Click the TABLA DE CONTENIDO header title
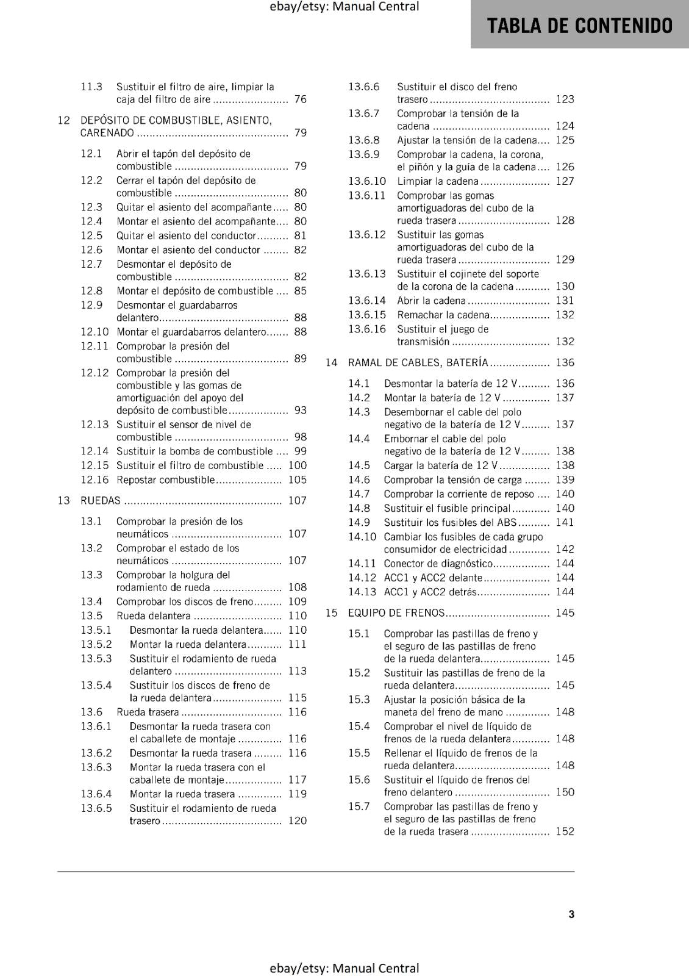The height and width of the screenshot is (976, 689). click(x=580, y=26)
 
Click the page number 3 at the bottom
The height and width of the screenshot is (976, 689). click(x=571, y=914)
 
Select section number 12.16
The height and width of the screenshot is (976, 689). click(x=95, y=480)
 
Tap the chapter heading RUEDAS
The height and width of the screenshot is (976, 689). click(x=101, y=501)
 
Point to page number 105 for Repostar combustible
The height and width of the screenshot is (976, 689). click(x=298, y=480)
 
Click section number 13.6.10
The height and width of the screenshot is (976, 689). click(x=367, y=181)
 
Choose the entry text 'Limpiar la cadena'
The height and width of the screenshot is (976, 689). click(x=437, y=181)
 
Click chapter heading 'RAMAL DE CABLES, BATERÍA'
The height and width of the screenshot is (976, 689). click(x=418, y=363)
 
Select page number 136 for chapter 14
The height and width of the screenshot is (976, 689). click(x=565, y=363)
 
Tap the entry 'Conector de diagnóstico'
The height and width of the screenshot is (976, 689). click(x=438, y=564)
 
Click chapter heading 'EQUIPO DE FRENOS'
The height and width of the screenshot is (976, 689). click(x=396, y=613)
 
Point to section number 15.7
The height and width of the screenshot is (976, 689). click(x=359, y=806)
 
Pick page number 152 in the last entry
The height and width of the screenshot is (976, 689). click(x=565, y=831)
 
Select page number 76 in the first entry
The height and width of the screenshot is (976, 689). click(x=300, y=99)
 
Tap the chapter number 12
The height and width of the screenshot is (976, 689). click(x=64, y=120)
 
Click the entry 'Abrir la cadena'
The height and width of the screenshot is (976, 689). click(x=431, y=301)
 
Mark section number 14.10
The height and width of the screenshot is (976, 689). click(x=362, y=537)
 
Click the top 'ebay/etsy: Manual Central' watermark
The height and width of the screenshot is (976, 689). click(x=344, y=7)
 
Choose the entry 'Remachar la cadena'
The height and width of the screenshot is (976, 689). click(x=443, y=315)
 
